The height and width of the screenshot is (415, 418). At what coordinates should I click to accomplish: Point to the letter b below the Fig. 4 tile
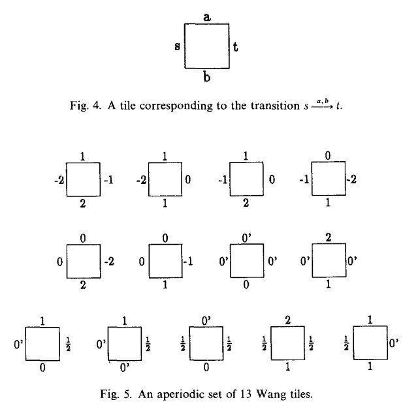(x=206, y=77)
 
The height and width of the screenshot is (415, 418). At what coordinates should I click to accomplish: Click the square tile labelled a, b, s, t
(x=206, y=46)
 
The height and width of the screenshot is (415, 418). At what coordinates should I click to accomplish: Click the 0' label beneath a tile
(x=124, y=367)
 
